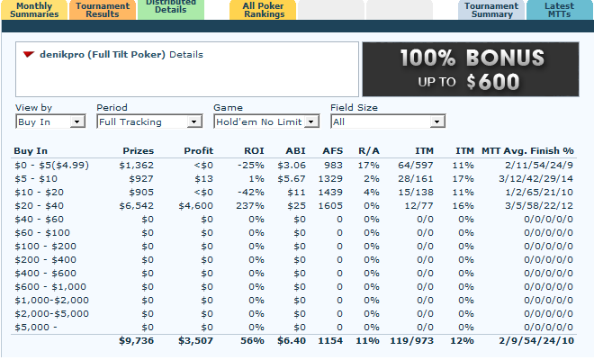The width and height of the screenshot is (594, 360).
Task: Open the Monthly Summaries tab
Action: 36,9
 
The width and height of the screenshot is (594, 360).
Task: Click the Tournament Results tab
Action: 103,9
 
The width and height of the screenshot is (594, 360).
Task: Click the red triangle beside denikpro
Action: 29,55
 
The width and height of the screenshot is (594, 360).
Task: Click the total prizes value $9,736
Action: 136,342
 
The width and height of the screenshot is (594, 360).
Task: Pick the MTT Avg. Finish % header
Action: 527,150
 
